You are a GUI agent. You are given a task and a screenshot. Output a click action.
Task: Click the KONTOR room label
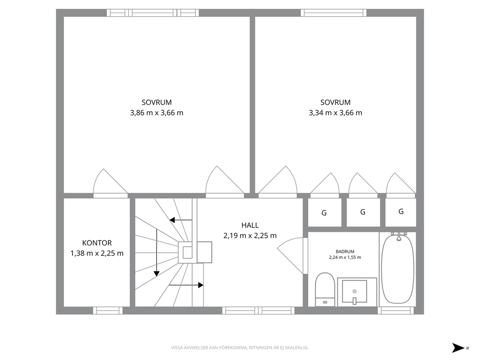tap(97, 243)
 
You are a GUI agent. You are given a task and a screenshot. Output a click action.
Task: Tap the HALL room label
tap(250, 225)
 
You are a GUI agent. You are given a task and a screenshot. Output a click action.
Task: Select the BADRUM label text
tap(345, 252)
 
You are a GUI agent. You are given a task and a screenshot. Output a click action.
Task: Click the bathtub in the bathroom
tap(398, 268)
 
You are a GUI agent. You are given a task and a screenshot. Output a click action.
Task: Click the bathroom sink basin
tap(355, 291)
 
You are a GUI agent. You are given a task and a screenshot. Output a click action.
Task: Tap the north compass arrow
tap(458, 348)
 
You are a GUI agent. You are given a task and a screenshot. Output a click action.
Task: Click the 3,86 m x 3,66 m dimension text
tap(157, 113)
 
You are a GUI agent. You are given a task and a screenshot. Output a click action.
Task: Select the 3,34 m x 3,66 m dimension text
tap(335, 113)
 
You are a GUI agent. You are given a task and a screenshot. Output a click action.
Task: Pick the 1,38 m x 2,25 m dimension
tap(97, 253)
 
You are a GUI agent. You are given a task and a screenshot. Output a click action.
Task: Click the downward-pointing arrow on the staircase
tap(157, 253)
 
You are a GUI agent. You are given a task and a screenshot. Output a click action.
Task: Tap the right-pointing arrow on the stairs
tap(186, 285)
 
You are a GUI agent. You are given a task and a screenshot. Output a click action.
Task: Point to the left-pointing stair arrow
tap(181, 220)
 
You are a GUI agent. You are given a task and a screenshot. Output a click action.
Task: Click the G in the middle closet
tap(363, 212)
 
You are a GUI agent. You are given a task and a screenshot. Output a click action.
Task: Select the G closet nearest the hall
tap(324, 213)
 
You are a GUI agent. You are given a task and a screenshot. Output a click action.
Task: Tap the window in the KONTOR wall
tap(108, 311)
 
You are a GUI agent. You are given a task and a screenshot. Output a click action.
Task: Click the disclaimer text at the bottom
tap(240, 348)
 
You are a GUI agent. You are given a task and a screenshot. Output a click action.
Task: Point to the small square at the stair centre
tap(187, 253)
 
